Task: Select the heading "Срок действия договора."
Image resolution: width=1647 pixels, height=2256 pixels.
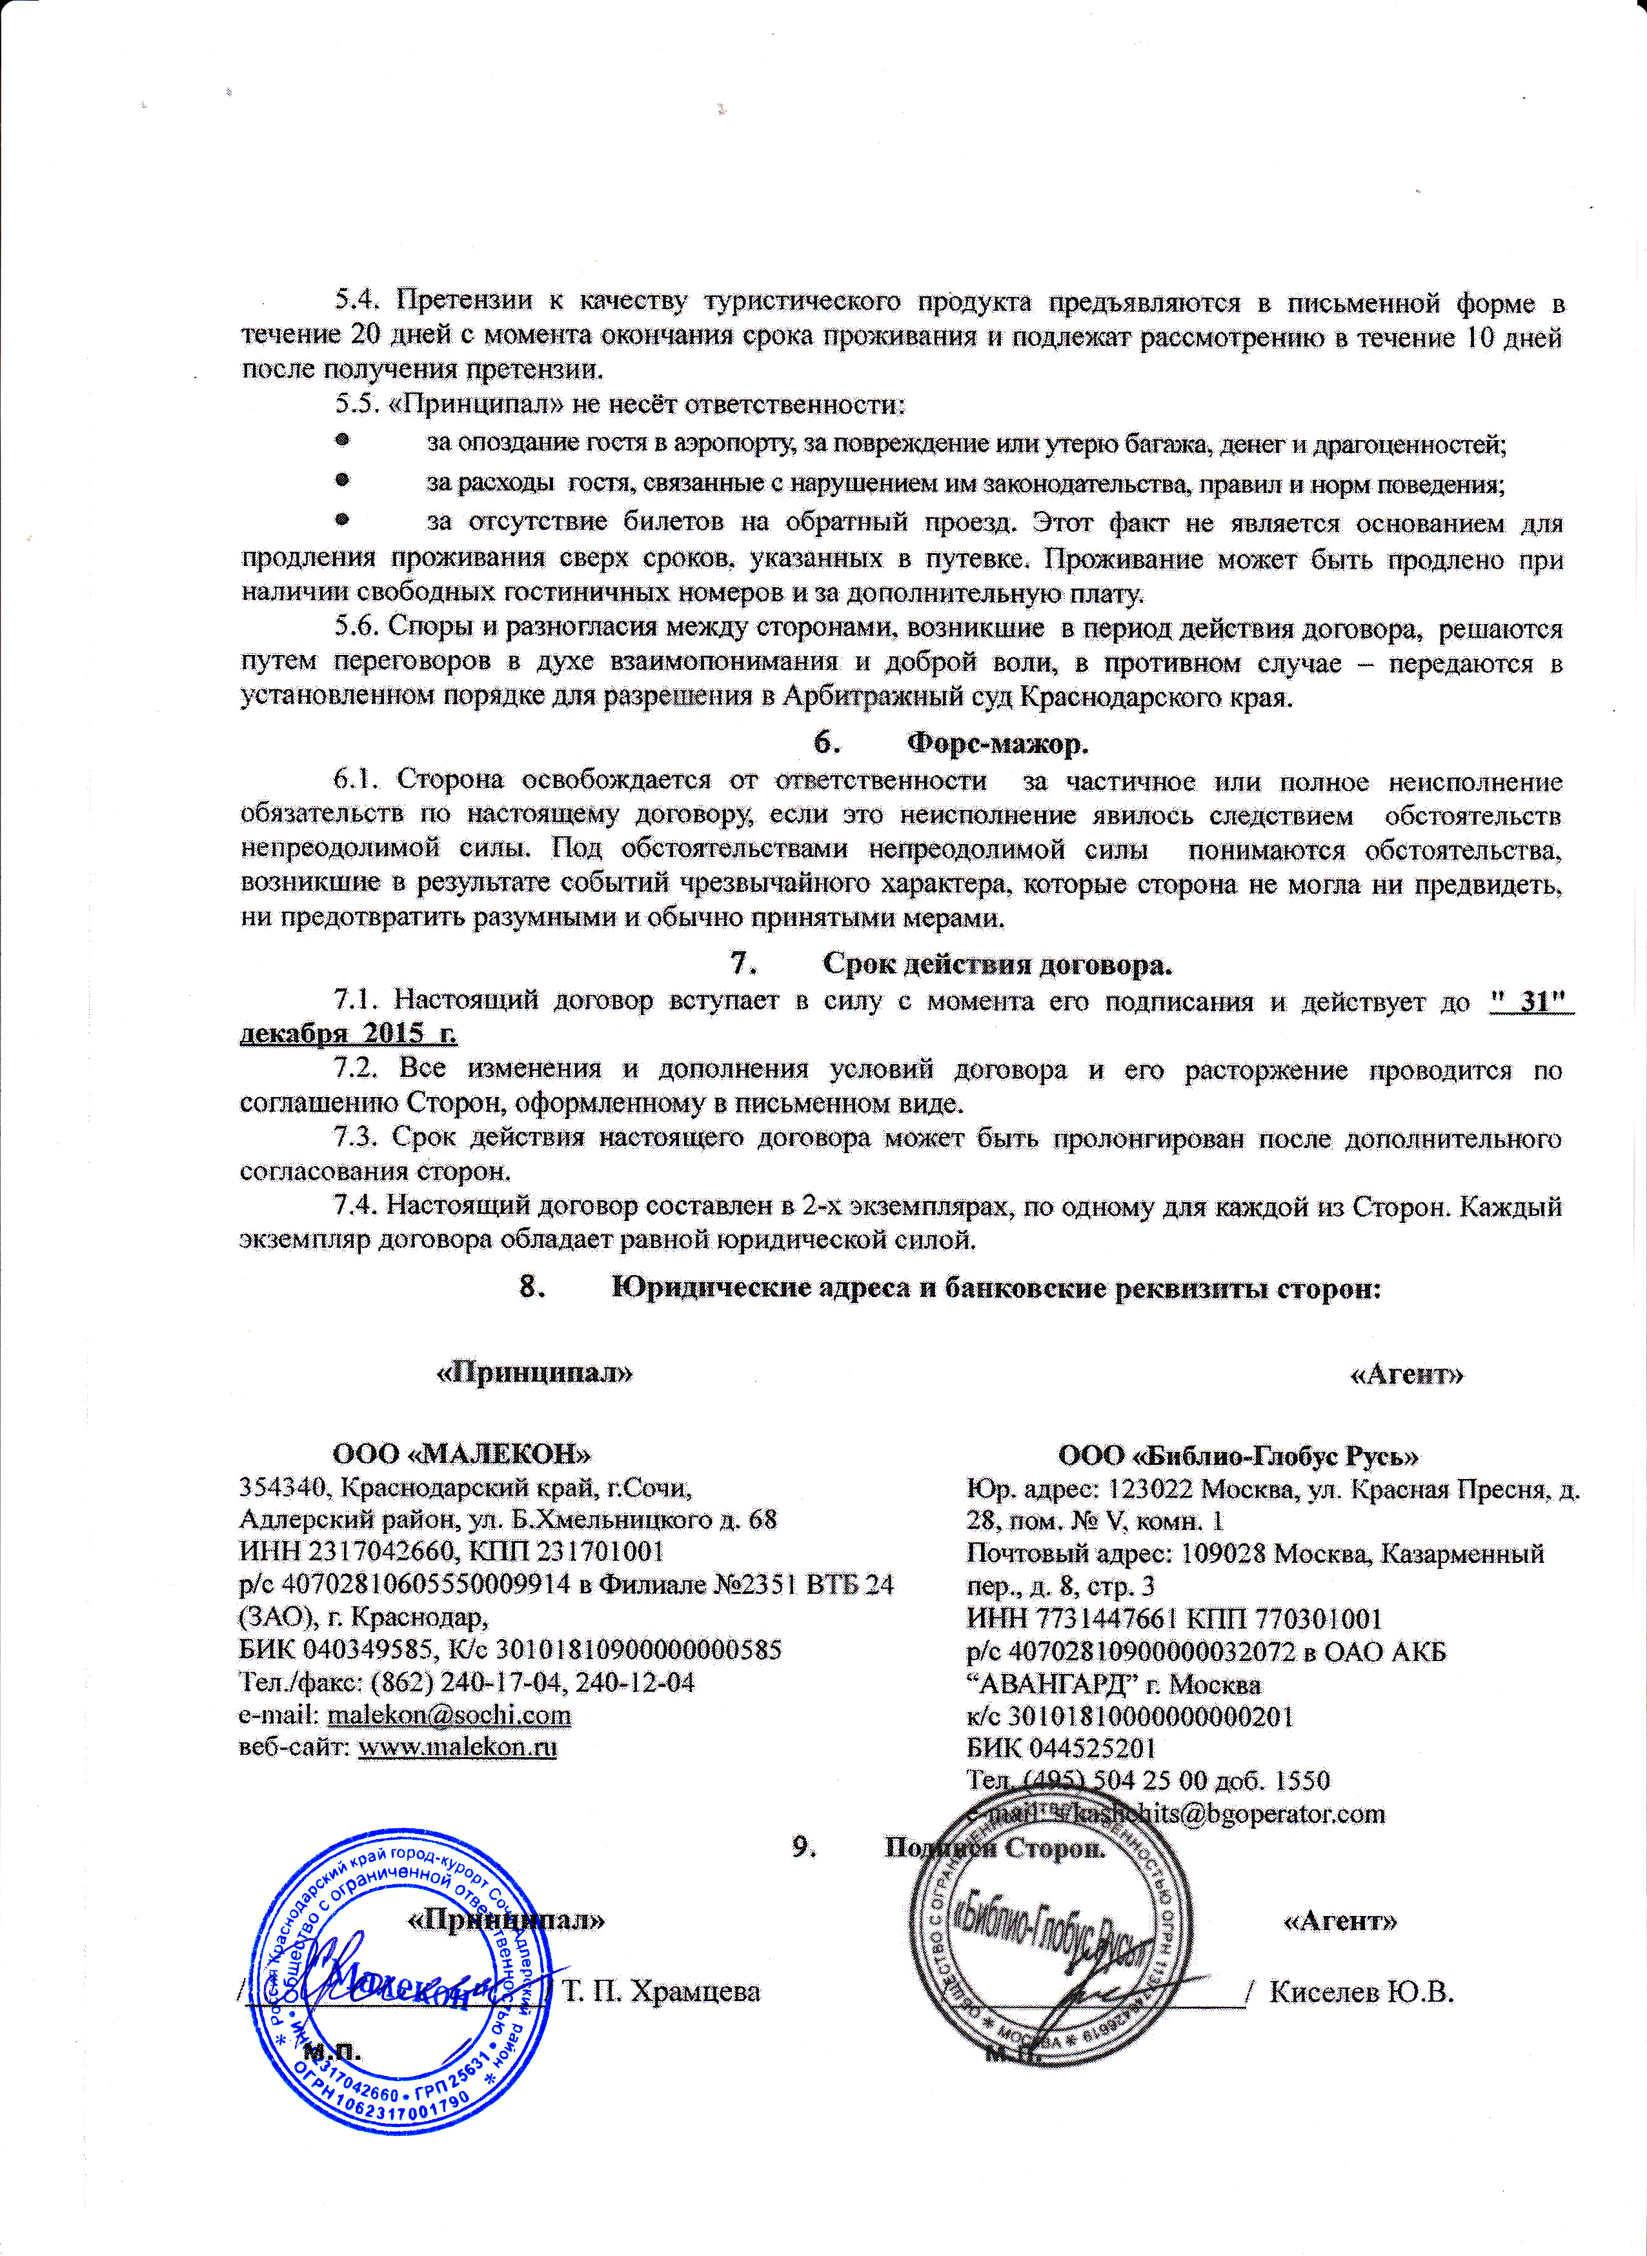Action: pos(997,965)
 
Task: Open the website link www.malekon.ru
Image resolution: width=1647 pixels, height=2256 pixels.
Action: pos(457,1747)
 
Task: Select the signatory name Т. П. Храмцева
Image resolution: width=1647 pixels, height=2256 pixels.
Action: pos(661,1992)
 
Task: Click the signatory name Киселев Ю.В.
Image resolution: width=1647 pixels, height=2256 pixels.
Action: pos(1362,1992)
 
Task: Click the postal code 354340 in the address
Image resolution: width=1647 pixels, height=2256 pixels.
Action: pos(282,1487)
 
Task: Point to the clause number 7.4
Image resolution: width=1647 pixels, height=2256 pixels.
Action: pos(354,1206)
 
